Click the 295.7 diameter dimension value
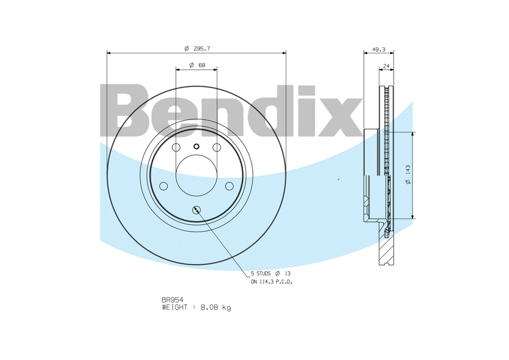point(202,49)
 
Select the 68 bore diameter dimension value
point(202,65)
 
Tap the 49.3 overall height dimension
point(379,50)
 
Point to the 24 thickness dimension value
point(386,66)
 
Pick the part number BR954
point(172,300)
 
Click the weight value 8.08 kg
point(216,307)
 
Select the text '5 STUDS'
point(261,274)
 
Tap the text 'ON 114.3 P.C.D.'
point(272,282)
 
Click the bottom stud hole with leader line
point(197,210)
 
